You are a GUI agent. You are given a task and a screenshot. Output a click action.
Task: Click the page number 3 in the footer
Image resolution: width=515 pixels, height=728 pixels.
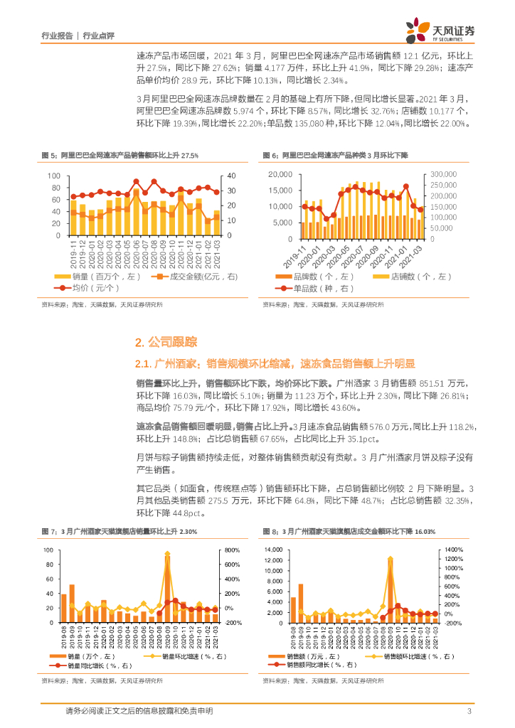click(x=469, y=712)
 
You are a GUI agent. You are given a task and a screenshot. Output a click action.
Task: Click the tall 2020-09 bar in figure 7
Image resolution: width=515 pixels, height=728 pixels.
click(x=167, y=587)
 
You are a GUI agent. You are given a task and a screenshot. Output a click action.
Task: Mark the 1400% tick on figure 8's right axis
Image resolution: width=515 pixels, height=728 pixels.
click(x=454, y=550)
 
